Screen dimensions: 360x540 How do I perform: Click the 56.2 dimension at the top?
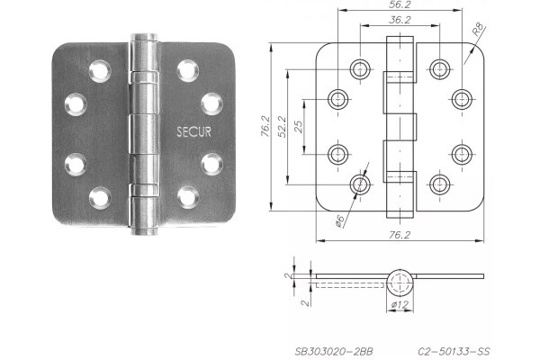click(401, 5)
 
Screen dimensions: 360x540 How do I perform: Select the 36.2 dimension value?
click(401, 21)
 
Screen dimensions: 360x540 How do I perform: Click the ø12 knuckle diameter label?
click(400, 307)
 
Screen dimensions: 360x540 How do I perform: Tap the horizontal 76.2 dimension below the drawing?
click(401, 235)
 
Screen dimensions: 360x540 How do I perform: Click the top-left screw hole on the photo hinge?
click(98, 68)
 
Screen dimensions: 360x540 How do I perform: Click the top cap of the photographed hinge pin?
click(141, 39)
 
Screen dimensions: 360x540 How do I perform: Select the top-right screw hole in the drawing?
click(439, 67)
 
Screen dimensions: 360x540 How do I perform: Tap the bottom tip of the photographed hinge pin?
click(142, 230)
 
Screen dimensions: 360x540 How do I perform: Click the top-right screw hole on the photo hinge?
click(187, 68)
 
